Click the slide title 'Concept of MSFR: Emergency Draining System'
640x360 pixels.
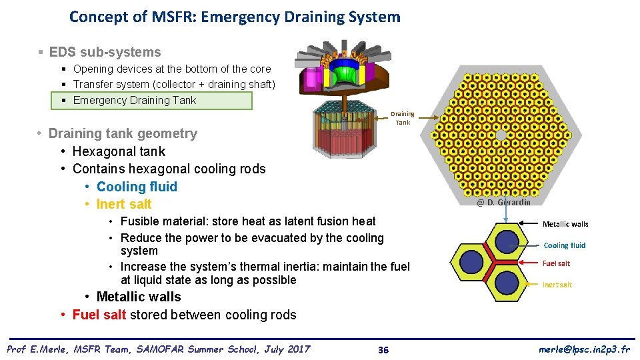(235, 17)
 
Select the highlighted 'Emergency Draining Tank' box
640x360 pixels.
(153, 101)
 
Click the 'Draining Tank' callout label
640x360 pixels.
(402, 118)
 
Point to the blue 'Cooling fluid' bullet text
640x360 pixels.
(137, 187)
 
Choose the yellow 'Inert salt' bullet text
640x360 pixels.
(124, 204)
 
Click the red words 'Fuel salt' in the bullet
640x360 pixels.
(99, 315)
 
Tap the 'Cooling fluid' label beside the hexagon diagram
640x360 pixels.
(564, 245)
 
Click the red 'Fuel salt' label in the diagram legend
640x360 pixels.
(556, 263)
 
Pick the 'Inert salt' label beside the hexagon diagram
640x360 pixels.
(557, 285)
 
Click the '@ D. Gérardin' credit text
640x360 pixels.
(503, 202)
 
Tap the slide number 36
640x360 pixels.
(383, 350)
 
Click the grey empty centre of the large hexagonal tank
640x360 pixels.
(501, 135)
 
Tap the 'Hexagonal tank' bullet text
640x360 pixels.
(119, 151)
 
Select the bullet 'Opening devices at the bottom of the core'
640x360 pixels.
(172, 69)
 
